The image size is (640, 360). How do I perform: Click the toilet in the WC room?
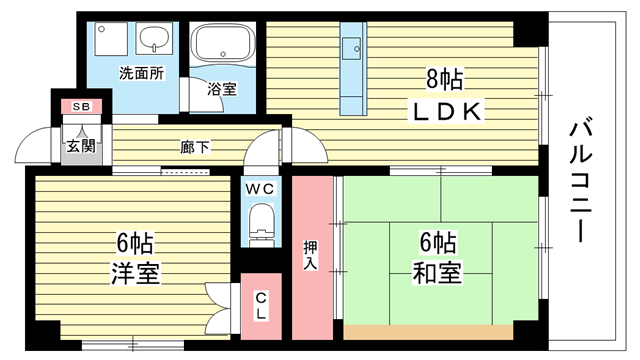click(261, 224)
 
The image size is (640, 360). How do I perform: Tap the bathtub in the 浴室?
click(223, 42)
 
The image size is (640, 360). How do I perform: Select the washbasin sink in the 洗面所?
click(154, 38)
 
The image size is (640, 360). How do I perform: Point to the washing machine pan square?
click(111, 39)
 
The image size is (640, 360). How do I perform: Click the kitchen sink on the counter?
click(351, 49)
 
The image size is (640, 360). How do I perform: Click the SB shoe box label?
click(81, 107)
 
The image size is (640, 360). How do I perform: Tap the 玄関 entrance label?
click(81, 146)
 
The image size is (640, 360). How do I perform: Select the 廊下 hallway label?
click(195, 147)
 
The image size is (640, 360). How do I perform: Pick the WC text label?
click(260, 189)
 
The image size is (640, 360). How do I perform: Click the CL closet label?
click(261, 306)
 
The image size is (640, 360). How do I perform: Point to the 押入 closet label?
click(311, 255)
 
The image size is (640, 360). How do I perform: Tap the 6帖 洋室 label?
click(135, 258)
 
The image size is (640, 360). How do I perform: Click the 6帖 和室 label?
click(438, 258)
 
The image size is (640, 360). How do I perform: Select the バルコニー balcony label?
click(580, 180)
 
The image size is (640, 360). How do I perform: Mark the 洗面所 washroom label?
click(142, 73)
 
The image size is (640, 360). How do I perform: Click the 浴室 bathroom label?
click(222, 89)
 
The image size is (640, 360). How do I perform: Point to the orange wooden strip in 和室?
click(428, 332)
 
